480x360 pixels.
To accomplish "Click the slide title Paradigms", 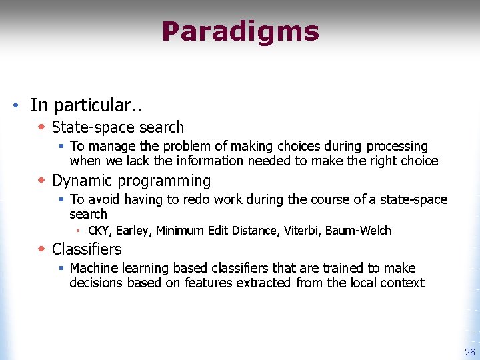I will [x=240, y=31].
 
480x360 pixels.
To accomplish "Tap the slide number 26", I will [x=469, y=352].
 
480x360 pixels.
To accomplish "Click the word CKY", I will [x=98, y=231].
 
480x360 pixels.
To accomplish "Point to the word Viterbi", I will [x=301, y=231].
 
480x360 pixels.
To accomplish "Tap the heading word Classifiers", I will [x=87, y=249].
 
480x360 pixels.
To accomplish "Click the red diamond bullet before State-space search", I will [x=41, y=126].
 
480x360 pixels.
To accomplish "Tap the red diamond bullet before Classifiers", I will [x=41, y=249].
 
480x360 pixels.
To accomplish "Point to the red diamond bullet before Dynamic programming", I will [x=41, y=180].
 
